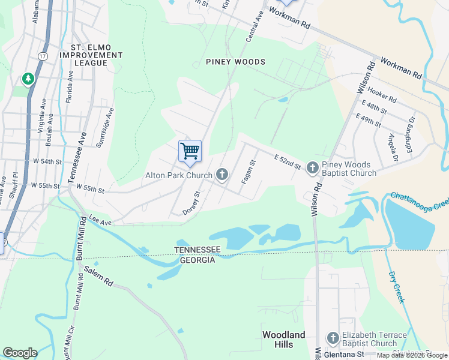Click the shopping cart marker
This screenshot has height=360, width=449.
[190, 151]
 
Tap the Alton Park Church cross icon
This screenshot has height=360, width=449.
[222, 175]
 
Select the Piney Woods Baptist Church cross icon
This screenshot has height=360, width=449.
[312, 167]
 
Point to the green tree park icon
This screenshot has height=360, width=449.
[28, 79]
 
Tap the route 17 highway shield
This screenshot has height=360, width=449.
[42, 55]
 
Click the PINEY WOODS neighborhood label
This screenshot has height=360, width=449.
[235, 62]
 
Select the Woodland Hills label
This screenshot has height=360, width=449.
[283, 340]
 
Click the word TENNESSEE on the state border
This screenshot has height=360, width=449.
[197, 250]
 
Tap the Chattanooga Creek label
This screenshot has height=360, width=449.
[419, 202]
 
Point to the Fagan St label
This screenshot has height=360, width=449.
[250, 171]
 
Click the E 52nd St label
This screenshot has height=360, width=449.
[287, 161]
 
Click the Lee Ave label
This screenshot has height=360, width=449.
[100, 221]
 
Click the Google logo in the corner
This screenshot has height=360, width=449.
[20, 353]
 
